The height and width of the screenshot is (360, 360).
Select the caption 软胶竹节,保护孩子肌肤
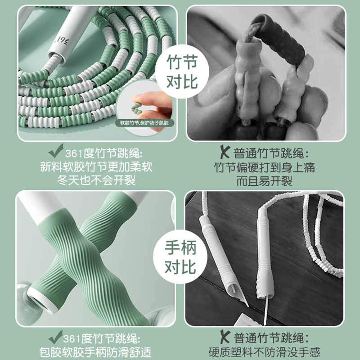(x=144, y=122)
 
